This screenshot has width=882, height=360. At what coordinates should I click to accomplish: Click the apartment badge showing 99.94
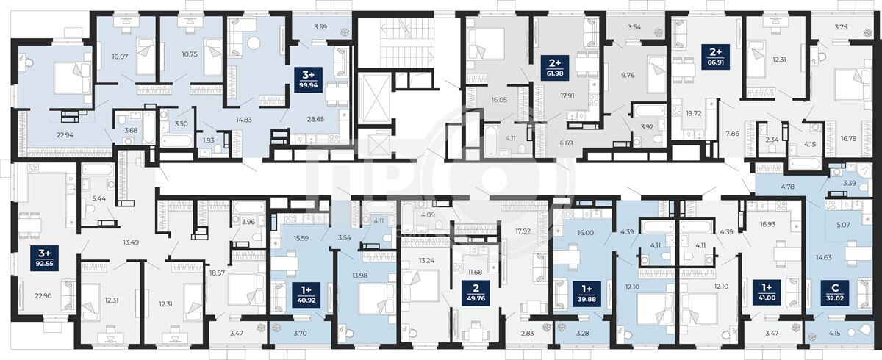[309, 79]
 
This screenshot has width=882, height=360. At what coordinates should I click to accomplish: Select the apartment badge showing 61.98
[556, 68]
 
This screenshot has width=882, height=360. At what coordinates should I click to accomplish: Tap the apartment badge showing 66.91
[716, 57]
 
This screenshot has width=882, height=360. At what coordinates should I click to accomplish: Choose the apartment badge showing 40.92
[306, 294]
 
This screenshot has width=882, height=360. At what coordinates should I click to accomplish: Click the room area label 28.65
[315, 119]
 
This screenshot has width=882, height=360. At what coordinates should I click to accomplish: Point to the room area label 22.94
[65, 135]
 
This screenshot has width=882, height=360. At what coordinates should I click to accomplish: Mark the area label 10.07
[120, 57]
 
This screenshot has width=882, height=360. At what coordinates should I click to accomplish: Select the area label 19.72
[693, 113]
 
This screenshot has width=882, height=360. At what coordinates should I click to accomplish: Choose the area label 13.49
[131, 242]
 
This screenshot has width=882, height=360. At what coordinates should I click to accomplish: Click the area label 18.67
[217, 273]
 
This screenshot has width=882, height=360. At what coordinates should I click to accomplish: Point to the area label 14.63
[823, 258]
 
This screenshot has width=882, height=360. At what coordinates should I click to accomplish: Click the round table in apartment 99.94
[255, 43]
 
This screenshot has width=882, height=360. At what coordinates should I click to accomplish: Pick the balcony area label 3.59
[321, 27]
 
